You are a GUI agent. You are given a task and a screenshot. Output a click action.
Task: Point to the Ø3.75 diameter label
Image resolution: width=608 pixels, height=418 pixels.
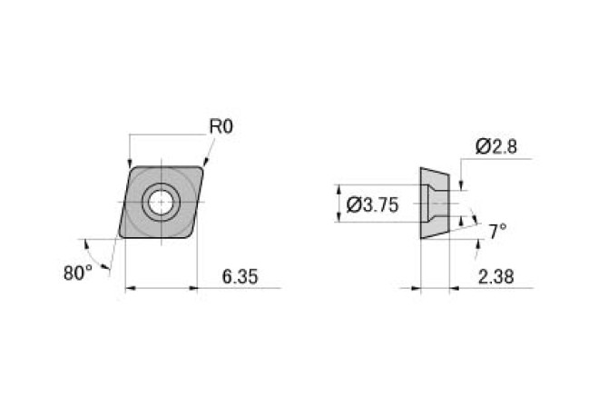373,205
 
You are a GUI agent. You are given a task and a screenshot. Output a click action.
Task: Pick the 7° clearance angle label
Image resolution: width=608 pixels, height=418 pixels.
497,232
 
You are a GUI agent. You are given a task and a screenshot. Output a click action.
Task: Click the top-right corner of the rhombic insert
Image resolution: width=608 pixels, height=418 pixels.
204,165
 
